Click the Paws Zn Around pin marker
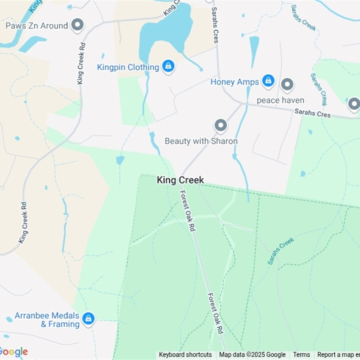(x=78, y=25)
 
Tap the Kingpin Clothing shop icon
(x=168, y=67)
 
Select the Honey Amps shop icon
(x=268, y=81)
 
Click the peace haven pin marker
(x=287, y=85)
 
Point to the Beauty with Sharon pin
(x=220, y=126)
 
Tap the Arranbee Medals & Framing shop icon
(x=89, y=319)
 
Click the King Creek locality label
(x=180, y=180)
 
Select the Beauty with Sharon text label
(x=201, y=141)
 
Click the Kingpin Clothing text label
(x=128, y=67)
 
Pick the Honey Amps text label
(x=234, y=82)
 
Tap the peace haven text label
(x=280, y=100)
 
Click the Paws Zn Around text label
(x=36, y=26)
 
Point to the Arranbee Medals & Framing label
(x=47, y=320)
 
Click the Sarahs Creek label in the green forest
(x=281, y=251)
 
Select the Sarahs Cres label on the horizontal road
(x=312, y=113)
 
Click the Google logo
(x=13, y=352)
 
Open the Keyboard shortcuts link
(x=185, y=355)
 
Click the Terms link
(x=301, y=355)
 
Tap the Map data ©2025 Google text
(x=252, y=355)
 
